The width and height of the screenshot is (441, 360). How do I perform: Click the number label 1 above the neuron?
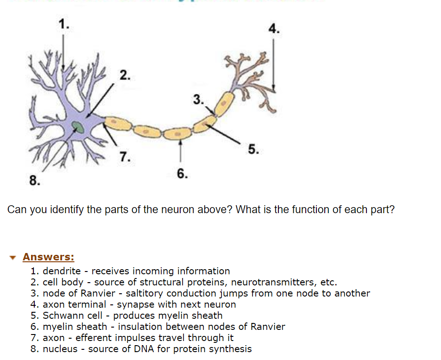tap(63, 25)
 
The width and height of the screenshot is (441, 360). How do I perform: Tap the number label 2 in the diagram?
tap(125, 75)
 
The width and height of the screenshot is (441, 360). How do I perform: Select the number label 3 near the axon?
tap(198, 99)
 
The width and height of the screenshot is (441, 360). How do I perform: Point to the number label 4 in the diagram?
tap(274, 29)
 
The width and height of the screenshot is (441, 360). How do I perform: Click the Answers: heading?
tap(48, 257)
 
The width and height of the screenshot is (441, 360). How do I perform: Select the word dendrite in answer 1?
tap(62, 271)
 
